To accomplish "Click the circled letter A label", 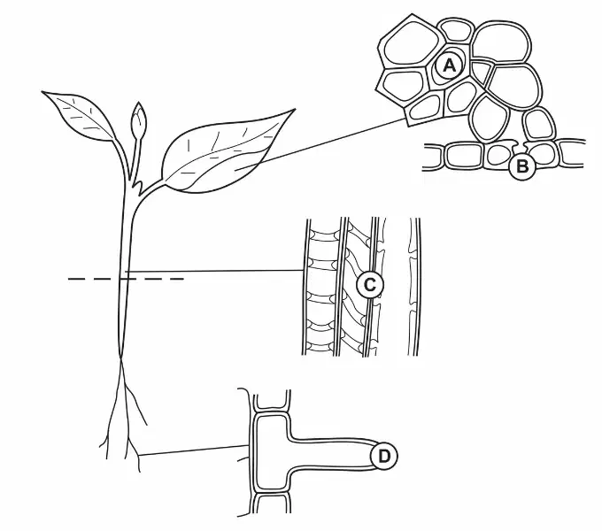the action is (450, 66).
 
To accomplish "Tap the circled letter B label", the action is (522, 167).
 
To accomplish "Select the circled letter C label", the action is (369, 285).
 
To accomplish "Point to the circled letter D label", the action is (384, 457).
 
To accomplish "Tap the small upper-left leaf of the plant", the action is (79, 115).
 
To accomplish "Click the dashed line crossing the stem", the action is (126, 279).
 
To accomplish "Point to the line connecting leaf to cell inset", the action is (320, 143).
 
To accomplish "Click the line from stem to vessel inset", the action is (214, 271).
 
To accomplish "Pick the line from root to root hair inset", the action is (194, 450).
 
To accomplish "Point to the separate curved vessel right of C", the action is (413, 287).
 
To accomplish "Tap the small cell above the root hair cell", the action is (272, 399).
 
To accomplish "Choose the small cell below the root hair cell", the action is (272, 504).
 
